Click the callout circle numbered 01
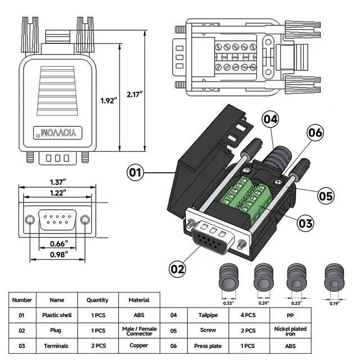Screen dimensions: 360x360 [134, 172]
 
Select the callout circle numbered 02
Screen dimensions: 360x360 [177, 268]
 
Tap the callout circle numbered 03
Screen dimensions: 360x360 [305, 223]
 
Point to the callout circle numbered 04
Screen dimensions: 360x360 [271, 119]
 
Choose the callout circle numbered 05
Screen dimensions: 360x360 [326, 196]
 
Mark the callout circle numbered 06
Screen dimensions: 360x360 [315, 133]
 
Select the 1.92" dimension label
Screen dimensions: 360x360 [108, 101]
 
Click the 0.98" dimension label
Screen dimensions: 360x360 [58, 254]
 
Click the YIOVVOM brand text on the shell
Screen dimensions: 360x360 [58, 132]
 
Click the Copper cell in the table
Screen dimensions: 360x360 [138, 345]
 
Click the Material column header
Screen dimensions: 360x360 [138, 300]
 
